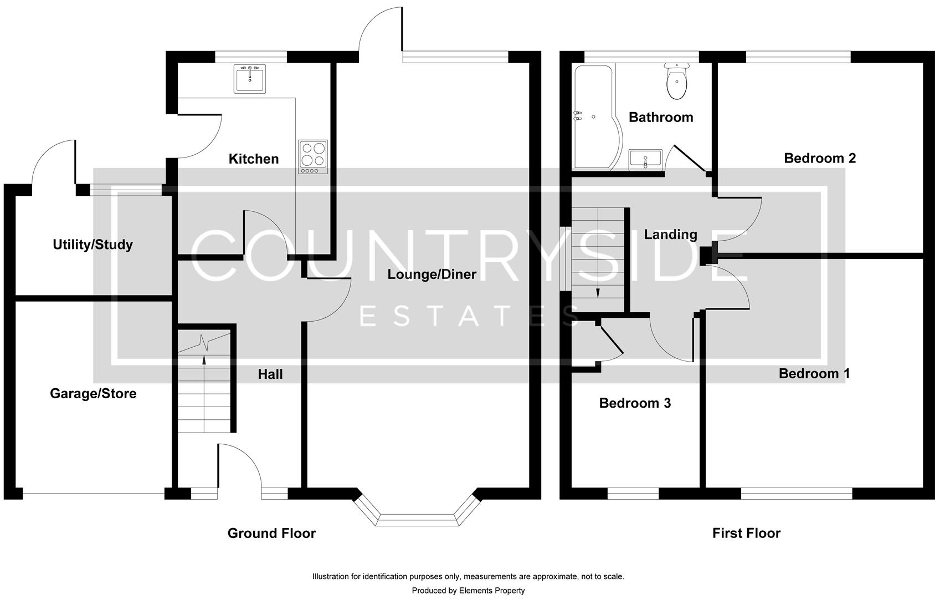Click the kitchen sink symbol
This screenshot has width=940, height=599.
[250, 78]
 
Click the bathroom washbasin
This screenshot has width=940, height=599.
[645, 159]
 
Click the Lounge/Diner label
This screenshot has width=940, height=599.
[432, 274]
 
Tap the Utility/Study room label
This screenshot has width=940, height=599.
[93, 245]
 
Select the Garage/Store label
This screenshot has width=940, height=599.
[93, 393]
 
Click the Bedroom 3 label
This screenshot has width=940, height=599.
[635, 403]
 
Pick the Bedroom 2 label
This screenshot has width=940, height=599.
[820, 158]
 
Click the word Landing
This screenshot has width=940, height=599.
[670, 234]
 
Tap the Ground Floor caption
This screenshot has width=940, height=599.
[271, 533]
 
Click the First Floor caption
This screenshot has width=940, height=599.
[746, 533]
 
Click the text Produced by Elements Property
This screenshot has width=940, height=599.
[468, 591]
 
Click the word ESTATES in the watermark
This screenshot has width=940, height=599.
[468, 316]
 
